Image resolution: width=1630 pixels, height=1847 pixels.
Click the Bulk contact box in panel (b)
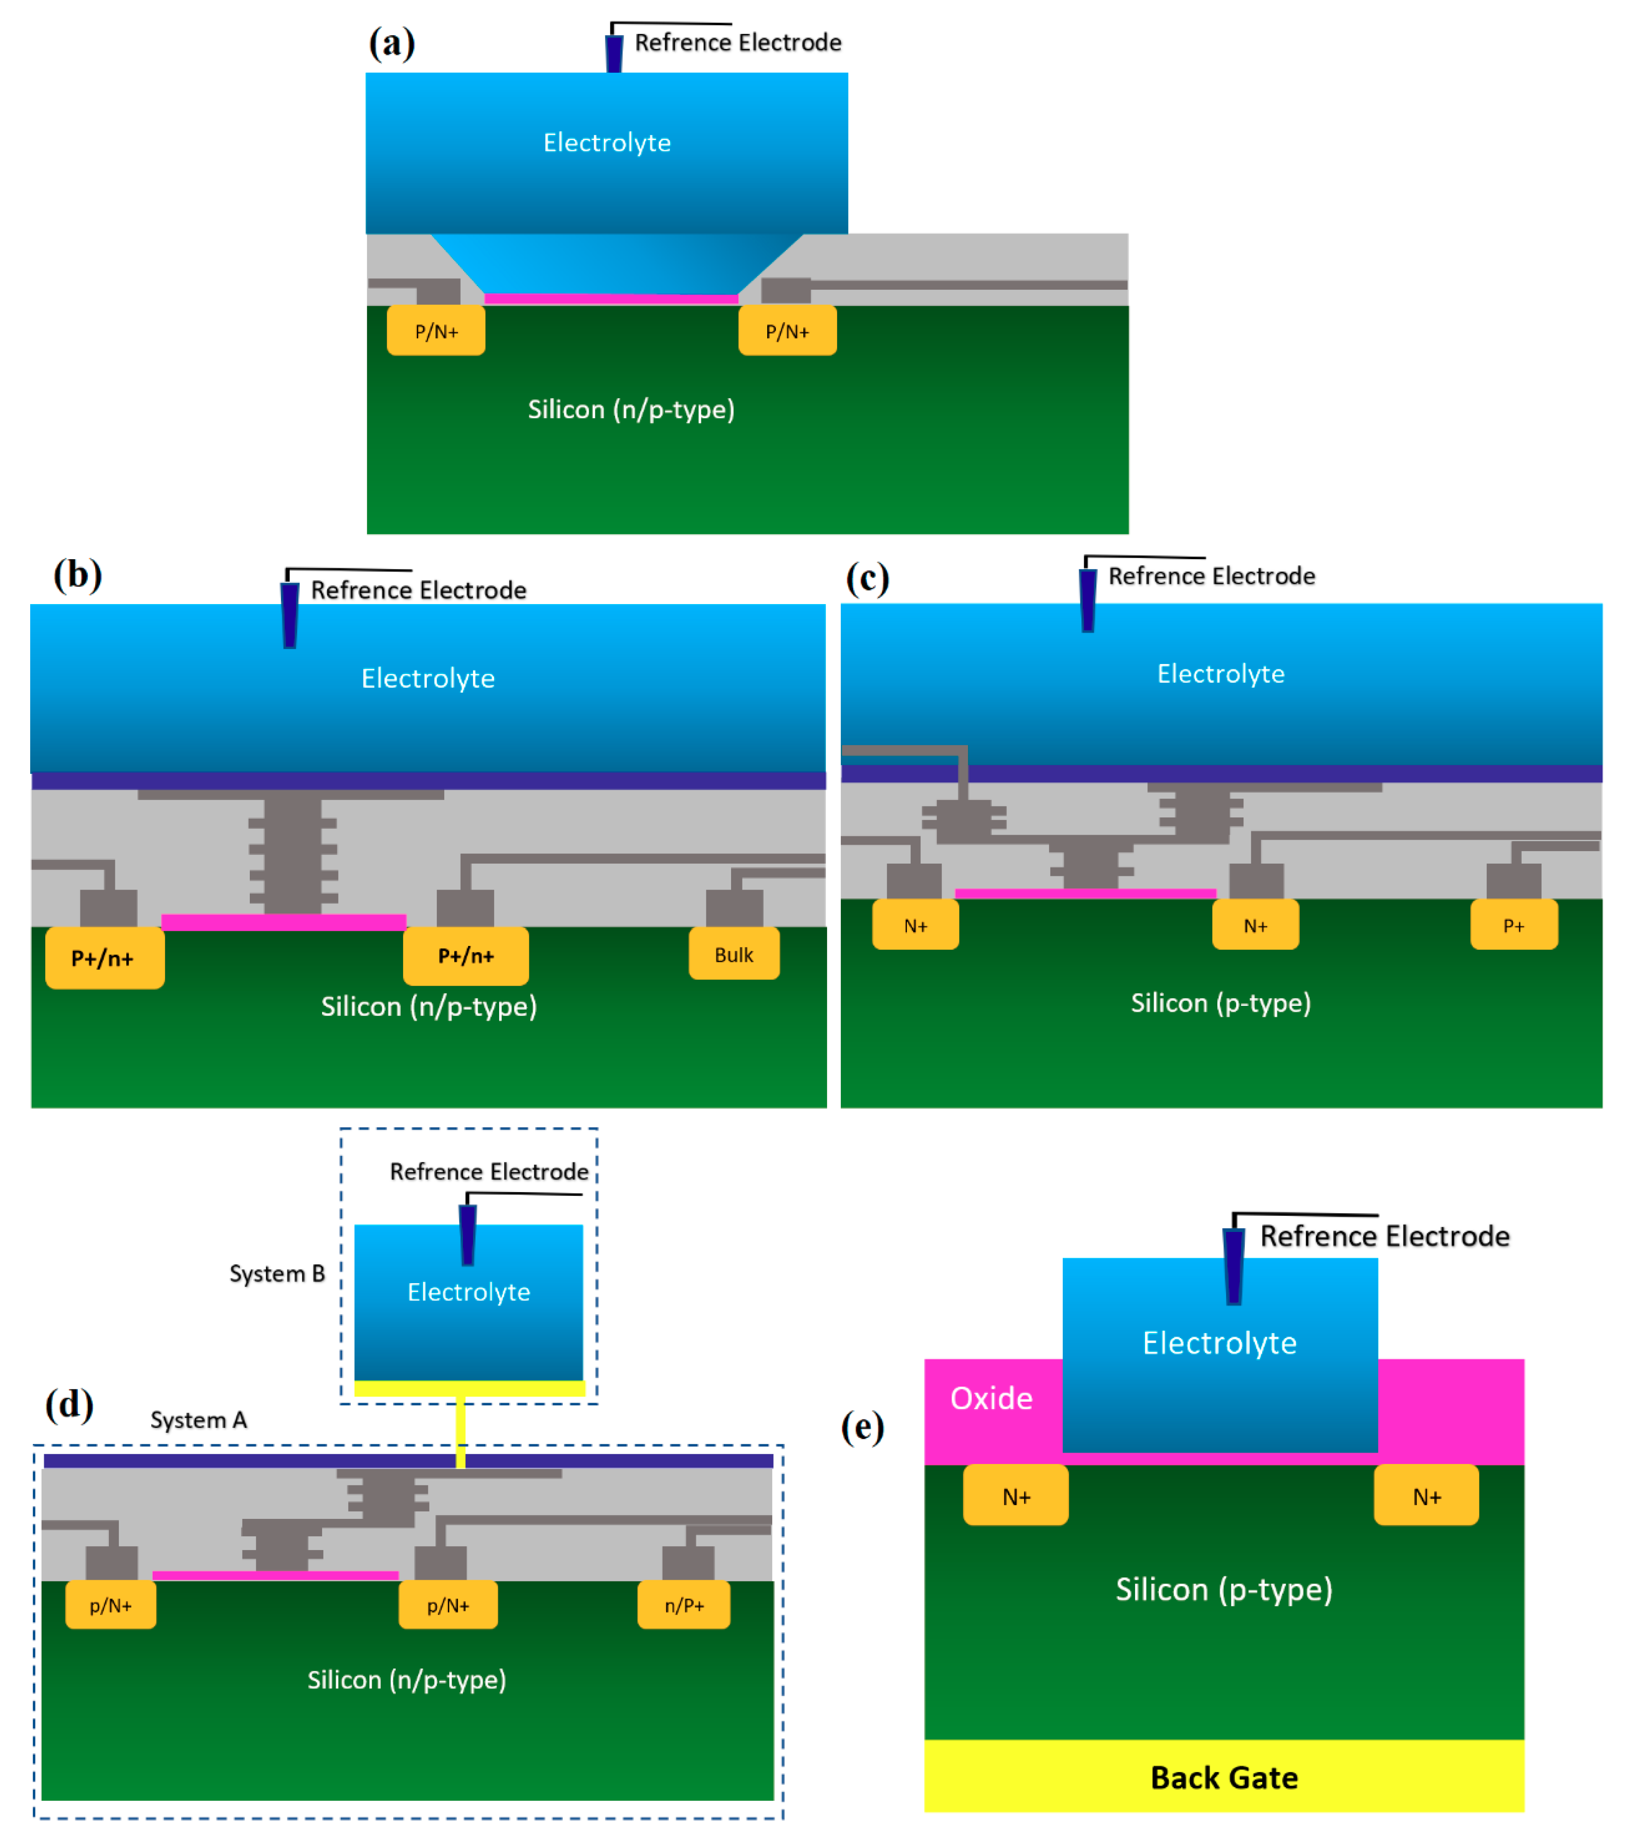[x=734, y=954]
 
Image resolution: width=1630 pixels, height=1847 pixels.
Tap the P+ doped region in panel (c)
[x=1513, y=924]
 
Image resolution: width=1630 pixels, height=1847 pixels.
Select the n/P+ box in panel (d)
[x=684, y=1605]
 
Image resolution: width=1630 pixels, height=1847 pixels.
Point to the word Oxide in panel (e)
[x=991, y=1398]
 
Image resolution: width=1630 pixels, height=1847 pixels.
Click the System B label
[x=276, y=1273]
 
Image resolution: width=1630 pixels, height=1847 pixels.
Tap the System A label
[x=198, y=1420]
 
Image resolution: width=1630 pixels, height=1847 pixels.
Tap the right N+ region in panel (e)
[x=1426, y=1496]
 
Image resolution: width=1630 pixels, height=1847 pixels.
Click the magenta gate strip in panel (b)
[x=284, y=922]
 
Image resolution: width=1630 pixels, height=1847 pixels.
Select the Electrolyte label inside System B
[x=468, y=1291]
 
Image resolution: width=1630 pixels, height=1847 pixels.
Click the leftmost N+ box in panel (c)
[x=915, y=924]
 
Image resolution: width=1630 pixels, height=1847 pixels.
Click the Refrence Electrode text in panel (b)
[x=418, y=590]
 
